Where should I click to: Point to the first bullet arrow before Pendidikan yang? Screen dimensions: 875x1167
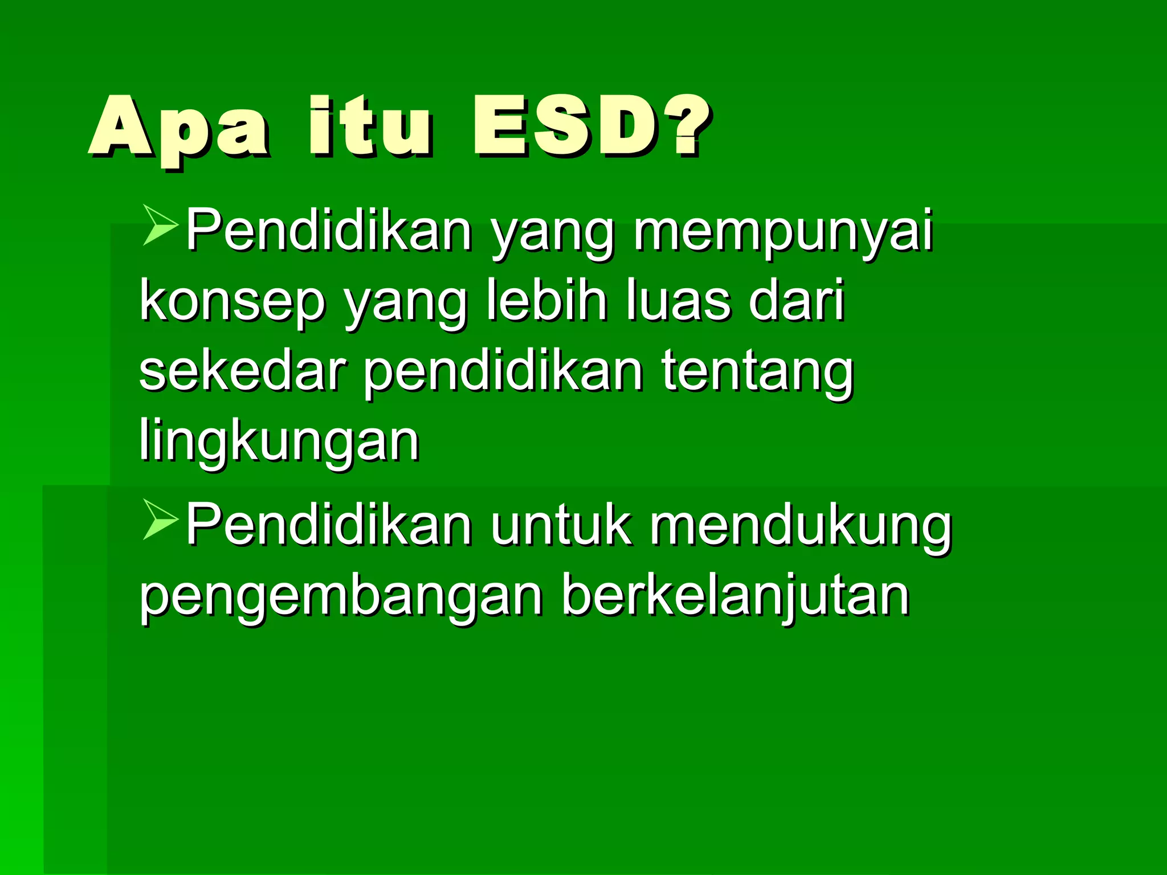(x=159, y=226)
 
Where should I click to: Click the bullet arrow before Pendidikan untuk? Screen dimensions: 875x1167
(x=159, y=520)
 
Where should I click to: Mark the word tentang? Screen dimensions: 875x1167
(x=757, y=373)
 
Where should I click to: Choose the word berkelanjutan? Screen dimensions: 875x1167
(x=735, y=596)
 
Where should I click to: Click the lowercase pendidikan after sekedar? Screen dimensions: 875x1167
(x=504, y=373)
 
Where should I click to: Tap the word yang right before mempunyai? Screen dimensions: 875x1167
(x=553, y=234)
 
